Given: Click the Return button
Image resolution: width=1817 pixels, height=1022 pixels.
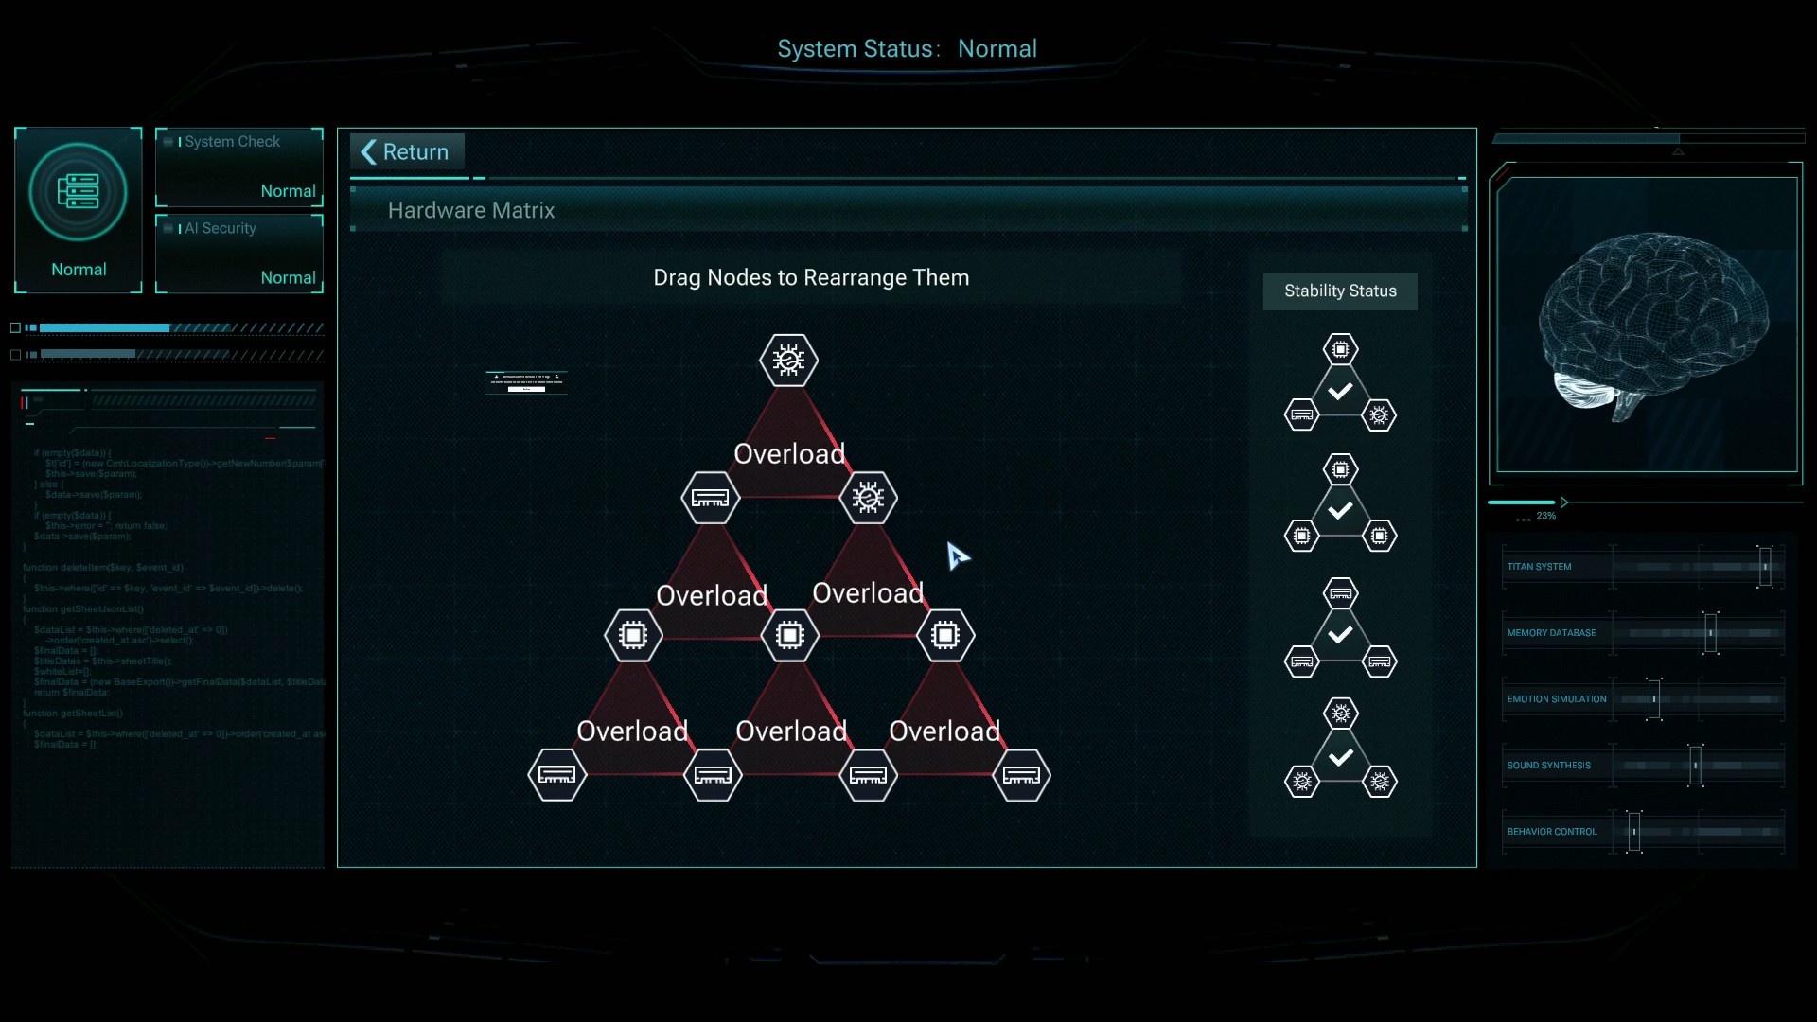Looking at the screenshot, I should (x=407, y=152).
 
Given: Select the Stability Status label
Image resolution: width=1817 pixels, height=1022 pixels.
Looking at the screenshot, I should (x=1340, y=291).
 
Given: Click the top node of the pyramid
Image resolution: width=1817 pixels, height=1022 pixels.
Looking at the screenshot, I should (x=788, y=361).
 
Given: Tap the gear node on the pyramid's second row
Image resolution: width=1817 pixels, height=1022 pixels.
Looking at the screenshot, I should (x=868, y=498).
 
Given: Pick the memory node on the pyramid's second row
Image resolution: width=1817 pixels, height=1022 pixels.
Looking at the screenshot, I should (x=710, y=498).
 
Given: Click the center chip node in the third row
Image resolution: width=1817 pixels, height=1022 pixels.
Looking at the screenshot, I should (x=789, y=635).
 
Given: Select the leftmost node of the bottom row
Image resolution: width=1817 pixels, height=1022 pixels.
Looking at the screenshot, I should (x=556, y=775).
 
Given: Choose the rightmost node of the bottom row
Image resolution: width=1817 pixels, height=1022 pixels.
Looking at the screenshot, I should (x=1021, y=775).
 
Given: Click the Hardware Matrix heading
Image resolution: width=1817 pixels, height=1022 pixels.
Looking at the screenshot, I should (x=471, y=210).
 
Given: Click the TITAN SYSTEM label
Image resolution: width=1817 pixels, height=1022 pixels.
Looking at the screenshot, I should (x=1539, y=567).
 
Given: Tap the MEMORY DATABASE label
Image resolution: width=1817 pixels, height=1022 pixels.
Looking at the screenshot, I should (x=1551, y=633).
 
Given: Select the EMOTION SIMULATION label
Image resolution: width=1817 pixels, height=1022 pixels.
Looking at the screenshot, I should (x=1557, y=699).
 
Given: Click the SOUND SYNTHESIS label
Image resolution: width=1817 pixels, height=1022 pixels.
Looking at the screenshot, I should (x=1549, y=766).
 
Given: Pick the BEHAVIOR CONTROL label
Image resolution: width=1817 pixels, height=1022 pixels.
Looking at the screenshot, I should (x=1552, y=832).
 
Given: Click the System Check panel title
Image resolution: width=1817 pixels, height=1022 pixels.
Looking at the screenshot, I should (x=233, y=142).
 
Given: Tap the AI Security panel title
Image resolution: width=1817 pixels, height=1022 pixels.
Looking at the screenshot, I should (x=221, y=229).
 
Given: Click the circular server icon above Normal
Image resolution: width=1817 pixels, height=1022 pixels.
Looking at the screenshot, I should (x=79, y=192).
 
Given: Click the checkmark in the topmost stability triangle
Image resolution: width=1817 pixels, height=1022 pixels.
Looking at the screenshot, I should (x=1340, y=391).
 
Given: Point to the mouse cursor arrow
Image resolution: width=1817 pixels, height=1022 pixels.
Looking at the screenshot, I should (x=957, y=555).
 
